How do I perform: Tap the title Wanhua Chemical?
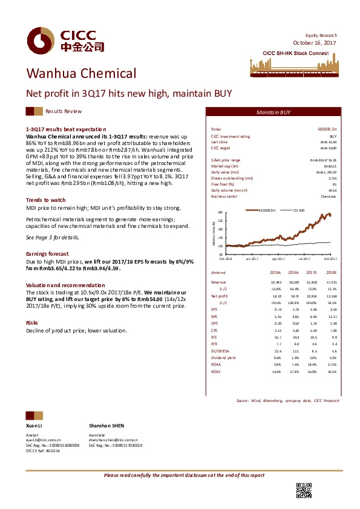pyautogui.click(x=80, y=74)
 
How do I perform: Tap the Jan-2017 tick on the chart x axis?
pyautogui.click(x=252, y=258)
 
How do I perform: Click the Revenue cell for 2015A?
pyautogui.click(x=275, y=282)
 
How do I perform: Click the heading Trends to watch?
pyautogui.click(x=46, y=199)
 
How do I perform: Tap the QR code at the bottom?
pyautogui.click(x=304, y=491)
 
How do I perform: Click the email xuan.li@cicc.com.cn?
pyautogui.click(x=44, y=440)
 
